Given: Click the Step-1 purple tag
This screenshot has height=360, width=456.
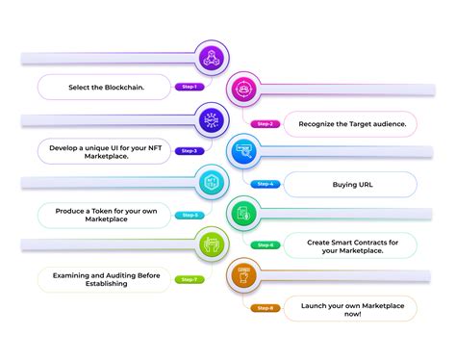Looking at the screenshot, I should point(189,87).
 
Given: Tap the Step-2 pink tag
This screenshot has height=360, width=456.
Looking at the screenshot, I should point(266,123).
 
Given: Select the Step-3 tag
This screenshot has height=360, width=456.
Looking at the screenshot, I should point(189,150).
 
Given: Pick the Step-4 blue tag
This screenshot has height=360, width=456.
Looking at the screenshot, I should point(266,184).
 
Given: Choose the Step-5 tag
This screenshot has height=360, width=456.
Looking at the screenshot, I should point(189,215).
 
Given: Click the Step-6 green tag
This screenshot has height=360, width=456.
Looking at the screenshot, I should point(266,244).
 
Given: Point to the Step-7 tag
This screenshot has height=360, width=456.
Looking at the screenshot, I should point(189,279).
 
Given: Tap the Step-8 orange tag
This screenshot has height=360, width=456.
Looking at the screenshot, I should point(266,308).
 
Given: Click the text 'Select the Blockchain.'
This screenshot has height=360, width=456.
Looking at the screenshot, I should point(106,87).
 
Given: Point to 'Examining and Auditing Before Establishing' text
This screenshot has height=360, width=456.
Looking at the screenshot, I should point(101,279).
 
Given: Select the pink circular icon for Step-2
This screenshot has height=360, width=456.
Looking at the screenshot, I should point(244,90).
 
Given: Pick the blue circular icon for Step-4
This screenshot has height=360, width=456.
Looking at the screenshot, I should point(244,151).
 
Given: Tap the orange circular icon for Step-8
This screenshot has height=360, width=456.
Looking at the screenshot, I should point(244,276).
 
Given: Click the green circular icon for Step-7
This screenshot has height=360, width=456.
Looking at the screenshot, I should point(211,244).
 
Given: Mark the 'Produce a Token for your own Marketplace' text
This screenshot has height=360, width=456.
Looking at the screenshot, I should point(101,215).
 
